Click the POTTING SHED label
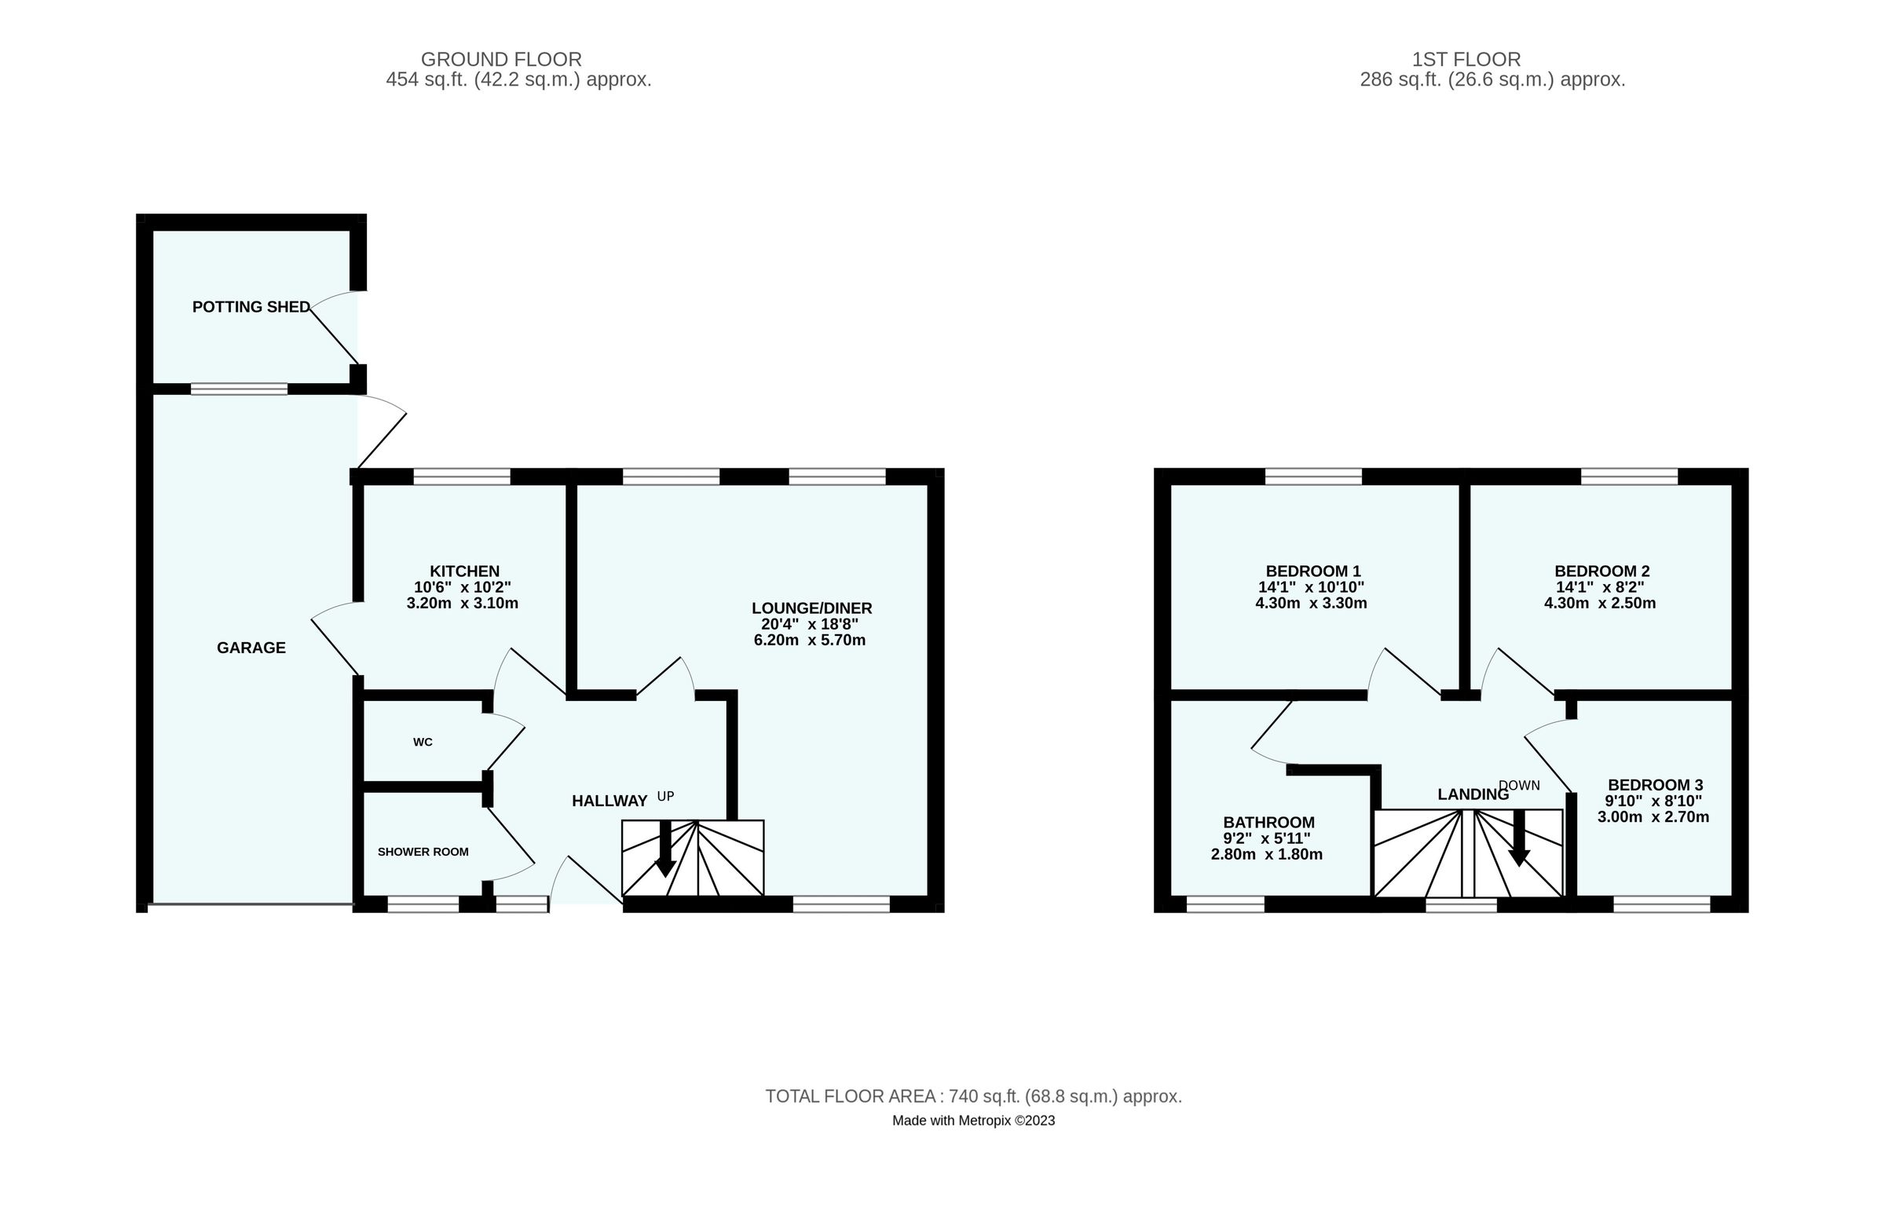tap(251, 307)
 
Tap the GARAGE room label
tap(251, 648)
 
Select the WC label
tap(423, 742)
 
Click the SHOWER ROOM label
tap(423, 852)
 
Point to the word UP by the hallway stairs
tap(665, 796)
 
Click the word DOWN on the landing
tap(1519, 785)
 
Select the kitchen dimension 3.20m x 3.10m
tap(463, 604)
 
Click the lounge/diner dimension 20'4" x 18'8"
tap(810, 624)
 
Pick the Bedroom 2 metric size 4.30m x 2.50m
tap(1600, 604)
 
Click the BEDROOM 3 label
tap(1656, 785)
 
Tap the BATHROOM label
tap(1268, 823)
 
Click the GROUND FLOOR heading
tap(501, 60)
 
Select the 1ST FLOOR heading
tap(1466, 60)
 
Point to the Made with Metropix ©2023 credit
tap(973, 1120)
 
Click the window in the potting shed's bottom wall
tap(239, 389)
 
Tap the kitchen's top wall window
tap(462, 477)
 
